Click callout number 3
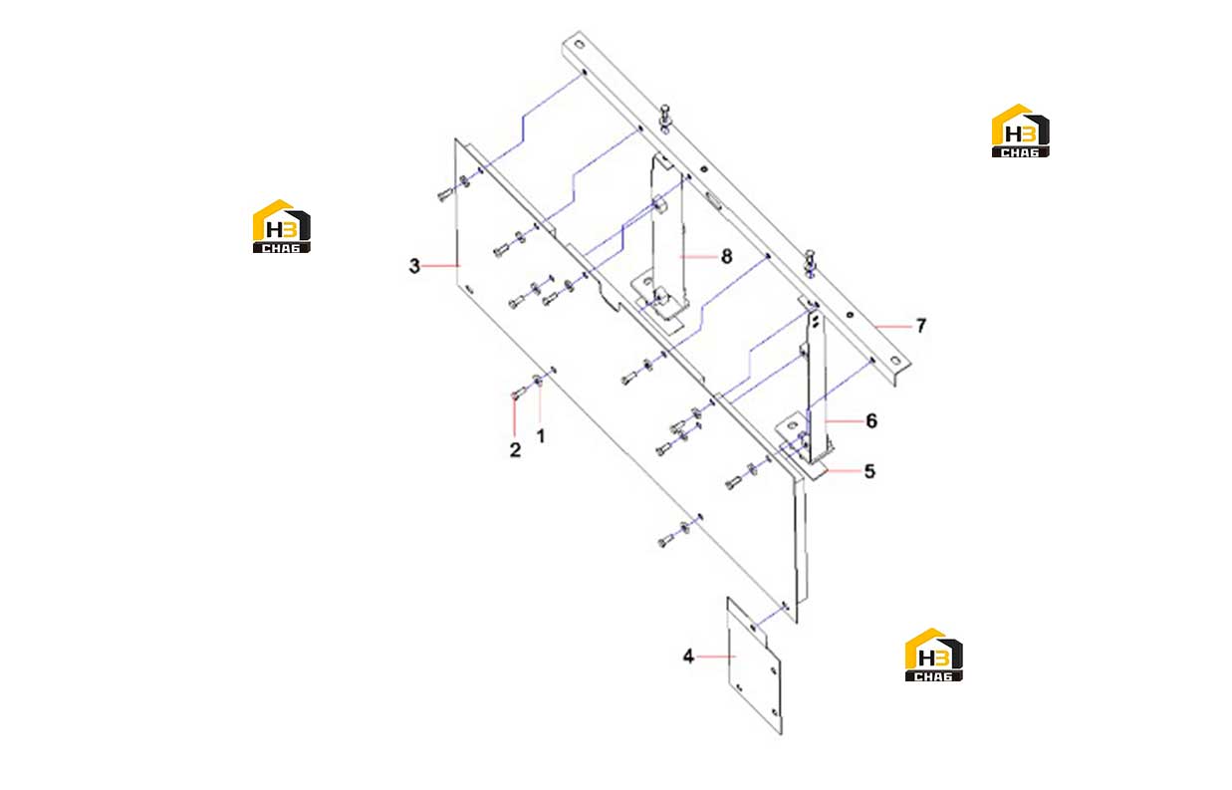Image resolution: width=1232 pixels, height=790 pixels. point(414,266)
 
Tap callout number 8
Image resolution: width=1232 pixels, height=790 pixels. point(726,256)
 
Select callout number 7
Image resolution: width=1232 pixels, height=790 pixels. point(920,326)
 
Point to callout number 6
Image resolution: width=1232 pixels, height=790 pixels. point(871,420)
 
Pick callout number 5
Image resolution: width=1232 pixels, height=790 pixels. point(869,471)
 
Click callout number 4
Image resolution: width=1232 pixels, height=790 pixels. point(688,657)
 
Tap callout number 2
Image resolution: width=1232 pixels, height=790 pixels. point(515,450)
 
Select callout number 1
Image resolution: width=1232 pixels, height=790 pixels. point(541,436)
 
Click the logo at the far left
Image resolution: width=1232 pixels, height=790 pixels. point(282,226)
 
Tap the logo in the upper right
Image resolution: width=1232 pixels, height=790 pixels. point(1020,131)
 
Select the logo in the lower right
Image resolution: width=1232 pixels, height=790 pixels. point(934,655)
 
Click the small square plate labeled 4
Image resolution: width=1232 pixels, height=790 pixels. point(754,666)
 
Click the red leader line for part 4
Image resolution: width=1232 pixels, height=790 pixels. point(715,657)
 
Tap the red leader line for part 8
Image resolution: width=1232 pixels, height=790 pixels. point(698,256)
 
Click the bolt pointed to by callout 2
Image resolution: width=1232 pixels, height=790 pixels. point(517,394)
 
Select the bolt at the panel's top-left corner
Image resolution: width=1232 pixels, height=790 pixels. point(444,194)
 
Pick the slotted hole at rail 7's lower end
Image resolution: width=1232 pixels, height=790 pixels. point(895,361)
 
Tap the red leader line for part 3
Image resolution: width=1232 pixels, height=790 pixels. point(441,266)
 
